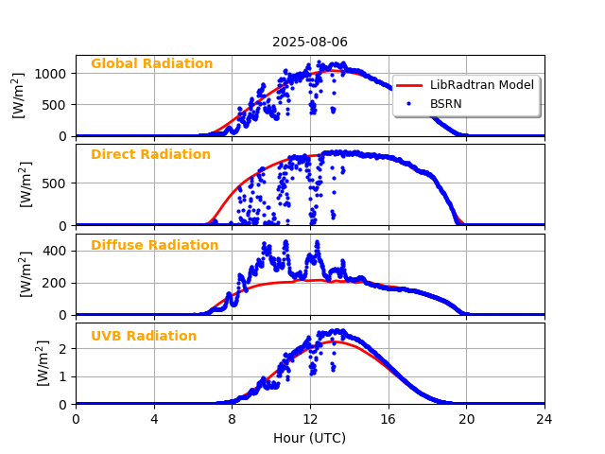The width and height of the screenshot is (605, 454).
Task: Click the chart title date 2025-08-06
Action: [310, 42]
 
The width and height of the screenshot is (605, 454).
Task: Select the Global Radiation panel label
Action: [151, 64]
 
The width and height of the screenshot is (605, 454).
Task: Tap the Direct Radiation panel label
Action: [150, 155]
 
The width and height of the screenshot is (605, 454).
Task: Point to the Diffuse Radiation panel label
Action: [154, 246]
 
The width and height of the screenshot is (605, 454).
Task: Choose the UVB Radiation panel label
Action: [144, 337]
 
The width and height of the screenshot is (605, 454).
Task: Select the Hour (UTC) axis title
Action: [310, 438]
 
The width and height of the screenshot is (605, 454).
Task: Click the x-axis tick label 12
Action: [310, 418]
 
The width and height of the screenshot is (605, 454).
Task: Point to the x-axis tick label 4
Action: [154, 418]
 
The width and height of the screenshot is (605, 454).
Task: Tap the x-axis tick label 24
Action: [544, 418]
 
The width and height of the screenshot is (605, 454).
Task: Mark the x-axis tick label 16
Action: [389, 418]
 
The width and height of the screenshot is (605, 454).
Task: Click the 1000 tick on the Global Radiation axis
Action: [53, 73]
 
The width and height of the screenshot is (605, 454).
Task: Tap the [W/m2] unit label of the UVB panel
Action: [43, 363]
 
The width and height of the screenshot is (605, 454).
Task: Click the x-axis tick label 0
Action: [76, 418]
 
